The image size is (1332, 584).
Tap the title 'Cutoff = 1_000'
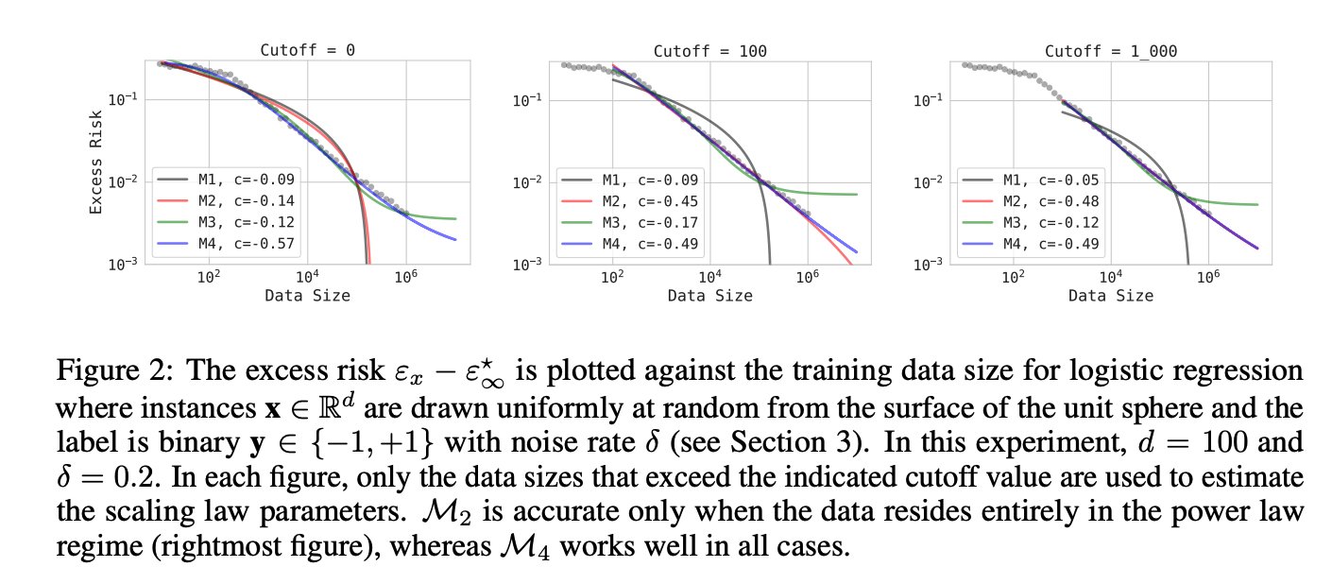point(1110,49)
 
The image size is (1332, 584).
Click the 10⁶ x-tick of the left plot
point(406,278)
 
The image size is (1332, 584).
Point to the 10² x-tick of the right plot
point(1014,278)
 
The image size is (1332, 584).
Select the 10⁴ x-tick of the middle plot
point(710,278)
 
